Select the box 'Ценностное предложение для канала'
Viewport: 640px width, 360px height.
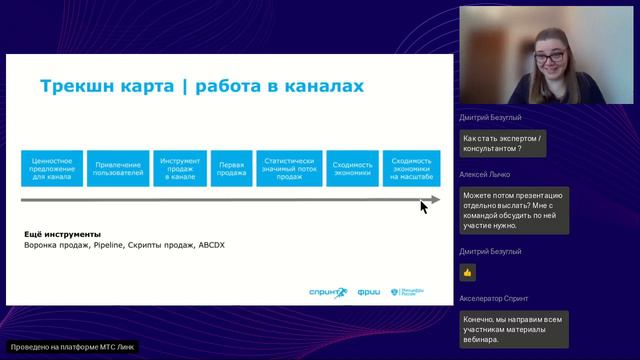(x=51, y=167)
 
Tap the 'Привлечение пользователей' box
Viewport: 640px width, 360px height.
(x=116, y=167)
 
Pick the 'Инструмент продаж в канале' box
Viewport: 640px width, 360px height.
(x=179, y=167)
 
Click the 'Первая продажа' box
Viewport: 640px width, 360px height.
(x=231, y=167)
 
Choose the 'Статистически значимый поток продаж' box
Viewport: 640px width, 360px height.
(x=288, y=167)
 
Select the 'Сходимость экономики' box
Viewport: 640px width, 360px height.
(x=352, y=167)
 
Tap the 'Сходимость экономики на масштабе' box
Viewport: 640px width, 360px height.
(x=411, y=167)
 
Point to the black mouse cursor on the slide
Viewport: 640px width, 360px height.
(x=424, y=206)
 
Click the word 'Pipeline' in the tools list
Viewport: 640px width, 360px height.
(x=111, y=245)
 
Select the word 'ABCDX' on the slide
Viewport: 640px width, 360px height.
(x=211, y=245)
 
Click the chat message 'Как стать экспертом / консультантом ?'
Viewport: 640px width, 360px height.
(x=504, y=143)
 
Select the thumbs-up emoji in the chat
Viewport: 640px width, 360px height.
(x=467, y=271)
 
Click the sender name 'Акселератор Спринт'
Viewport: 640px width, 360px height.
(x=493, y=298)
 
